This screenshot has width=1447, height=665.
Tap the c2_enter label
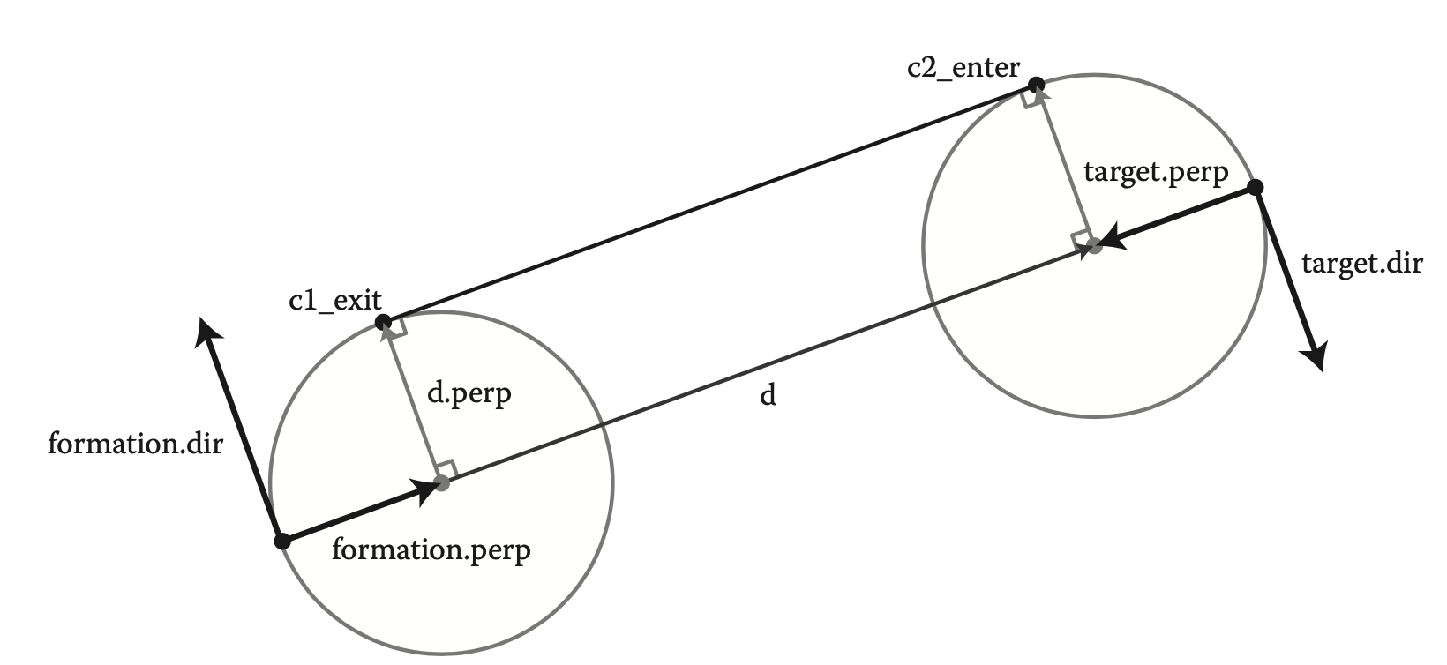point(963,68)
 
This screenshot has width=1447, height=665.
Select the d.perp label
point(469,393)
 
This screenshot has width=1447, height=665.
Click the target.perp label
point(1155,174)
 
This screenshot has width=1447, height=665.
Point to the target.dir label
point(1361,263)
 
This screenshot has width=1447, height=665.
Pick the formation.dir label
point(135,443)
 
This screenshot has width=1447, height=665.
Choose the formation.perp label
point(431,551)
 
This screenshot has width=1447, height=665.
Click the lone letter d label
point(768,396)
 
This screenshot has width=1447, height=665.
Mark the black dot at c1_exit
point(383,322)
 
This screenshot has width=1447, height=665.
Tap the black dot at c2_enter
point(1037,85)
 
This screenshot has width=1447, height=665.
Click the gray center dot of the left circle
point(442,482)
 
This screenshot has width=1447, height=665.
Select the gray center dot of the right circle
point(1094,246)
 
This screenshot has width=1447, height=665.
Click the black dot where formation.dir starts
point(281,541)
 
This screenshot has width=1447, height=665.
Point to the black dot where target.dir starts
point(1256,187)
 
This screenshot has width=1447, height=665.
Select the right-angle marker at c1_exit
point(396,328)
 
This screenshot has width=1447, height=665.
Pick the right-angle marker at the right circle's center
point(1081,240)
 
